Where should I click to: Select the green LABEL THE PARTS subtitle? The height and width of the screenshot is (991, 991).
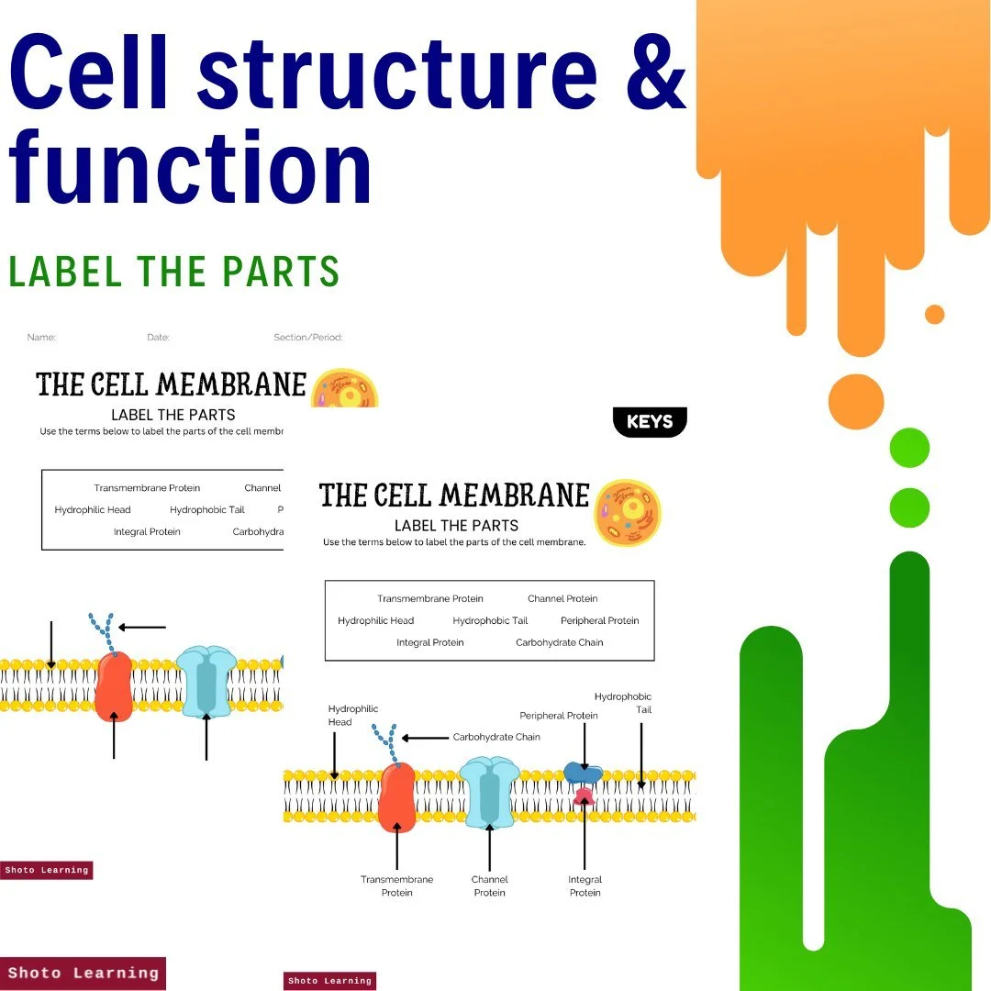click(173, 272)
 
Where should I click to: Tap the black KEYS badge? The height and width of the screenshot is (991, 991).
click(650, 422)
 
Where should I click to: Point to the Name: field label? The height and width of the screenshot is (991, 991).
click(41, 338)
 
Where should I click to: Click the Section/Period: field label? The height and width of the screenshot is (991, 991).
click(307, 338)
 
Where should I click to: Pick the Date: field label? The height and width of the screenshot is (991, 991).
click(158, 338)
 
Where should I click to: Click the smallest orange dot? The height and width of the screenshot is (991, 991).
click(934, 315)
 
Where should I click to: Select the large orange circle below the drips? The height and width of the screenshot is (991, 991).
click(855, 402)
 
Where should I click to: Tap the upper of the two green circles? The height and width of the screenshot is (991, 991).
click(909, 449)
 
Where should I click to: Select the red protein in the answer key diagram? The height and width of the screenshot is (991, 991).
click(396, 796)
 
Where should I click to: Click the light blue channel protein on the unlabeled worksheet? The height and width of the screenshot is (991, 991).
click(206, 681)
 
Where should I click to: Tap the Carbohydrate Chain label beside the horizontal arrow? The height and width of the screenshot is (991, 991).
click(496, 737)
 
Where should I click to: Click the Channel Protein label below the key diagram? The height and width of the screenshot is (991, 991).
click(489, 885)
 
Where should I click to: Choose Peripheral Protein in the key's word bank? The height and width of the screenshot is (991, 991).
click(599, 620)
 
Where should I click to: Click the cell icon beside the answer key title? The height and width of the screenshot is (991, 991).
click(628, 512)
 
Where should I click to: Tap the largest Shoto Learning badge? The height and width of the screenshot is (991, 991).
click(83, 973)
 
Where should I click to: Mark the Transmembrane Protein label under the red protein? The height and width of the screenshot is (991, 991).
click(396, 885)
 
